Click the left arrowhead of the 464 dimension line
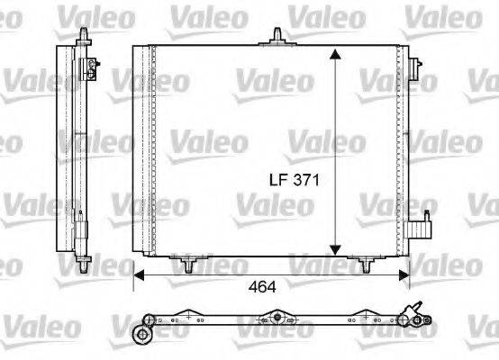pos(137,269)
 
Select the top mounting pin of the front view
pos(277,37)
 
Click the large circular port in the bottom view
pos(141,335)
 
